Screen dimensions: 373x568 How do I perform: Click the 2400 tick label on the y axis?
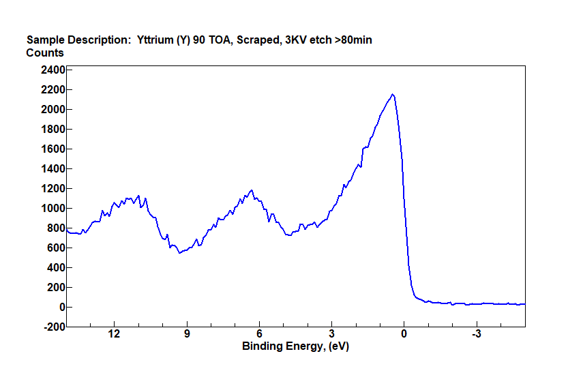coord(52,70)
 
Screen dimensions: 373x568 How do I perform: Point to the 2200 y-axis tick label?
coord(52,89)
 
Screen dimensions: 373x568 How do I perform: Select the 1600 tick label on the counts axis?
coord(52,149)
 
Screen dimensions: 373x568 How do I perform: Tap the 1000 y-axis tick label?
coord(52,208)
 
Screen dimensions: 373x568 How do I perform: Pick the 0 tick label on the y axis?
coord(61,308)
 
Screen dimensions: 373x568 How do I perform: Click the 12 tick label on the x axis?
coord(114,335)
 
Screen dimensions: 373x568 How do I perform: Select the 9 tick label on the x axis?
coord(186,335)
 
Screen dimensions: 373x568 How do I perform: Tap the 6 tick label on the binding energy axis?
coord(259,335)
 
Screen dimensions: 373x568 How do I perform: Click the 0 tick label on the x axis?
coord(404,335)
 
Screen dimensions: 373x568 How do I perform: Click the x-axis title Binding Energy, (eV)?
coord(296,346)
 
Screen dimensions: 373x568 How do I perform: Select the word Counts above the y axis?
coord(45,53)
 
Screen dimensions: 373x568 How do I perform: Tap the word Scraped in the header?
coord(260,40)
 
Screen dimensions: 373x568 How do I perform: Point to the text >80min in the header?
coord(350,40)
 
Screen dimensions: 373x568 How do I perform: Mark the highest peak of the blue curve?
coord(393,95)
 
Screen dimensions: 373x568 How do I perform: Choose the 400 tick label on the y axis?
coord(55,268)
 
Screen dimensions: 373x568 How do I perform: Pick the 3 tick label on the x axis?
coord(331,335)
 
